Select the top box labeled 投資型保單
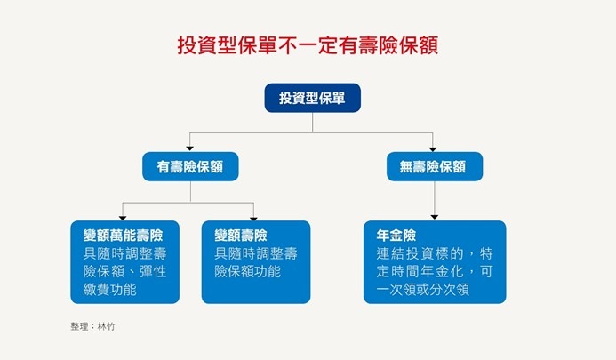312,98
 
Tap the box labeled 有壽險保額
190,166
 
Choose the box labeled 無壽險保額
434,166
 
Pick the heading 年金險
396,236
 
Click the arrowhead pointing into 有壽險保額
190,148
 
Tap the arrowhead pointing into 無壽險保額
434,148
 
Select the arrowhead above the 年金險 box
434,216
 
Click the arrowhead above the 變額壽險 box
254,216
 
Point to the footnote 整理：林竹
92,327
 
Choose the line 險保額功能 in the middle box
247,271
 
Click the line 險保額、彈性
124,271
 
